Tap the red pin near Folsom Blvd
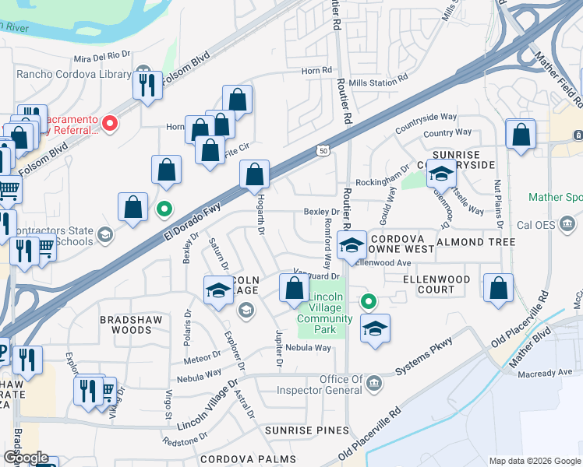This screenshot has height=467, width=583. [x=110, y=122]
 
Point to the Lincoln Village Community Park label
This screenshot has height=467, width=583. [x=321, y=314]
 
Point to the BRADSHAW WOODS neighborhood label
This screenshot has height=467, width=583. [x=125, y=325]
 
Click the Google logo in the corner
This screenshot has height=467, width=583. [x=26, y=458]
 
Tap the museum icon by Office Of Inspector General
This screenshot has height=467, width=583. [x=374, y=382]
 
